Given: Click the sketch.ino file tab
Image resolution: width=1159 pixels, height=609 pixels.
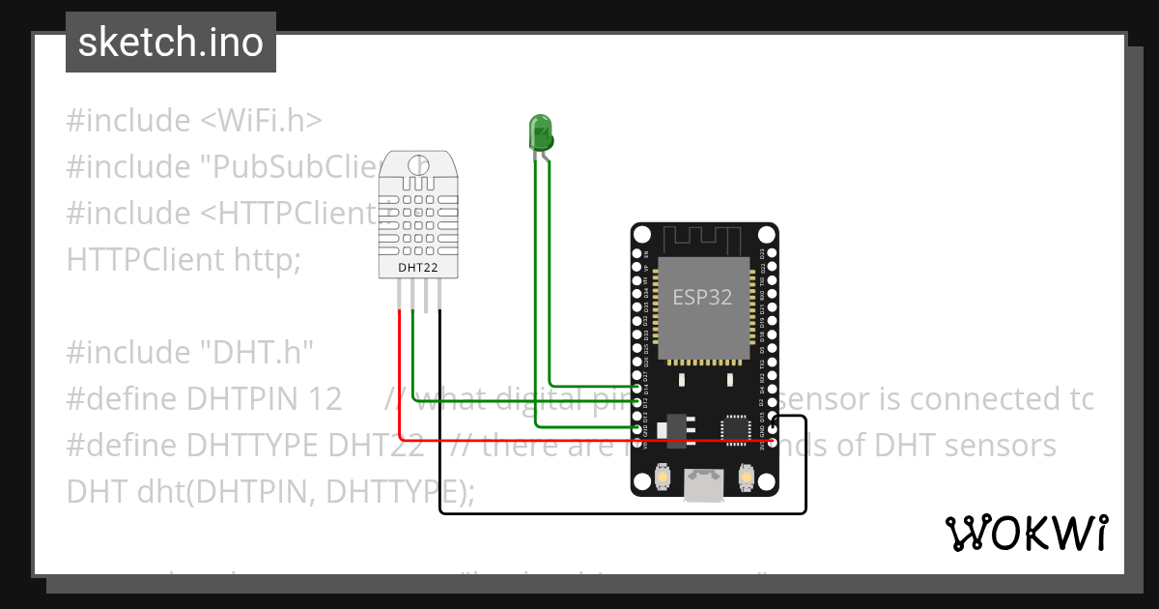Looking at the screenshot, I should click(171, 43).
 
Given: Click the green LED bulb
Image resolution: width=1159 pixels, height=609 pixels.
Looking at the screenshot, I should click(540, 130).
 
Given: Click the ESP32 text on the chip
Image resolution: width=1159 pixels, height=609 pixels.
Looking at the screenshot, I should click(702, 298).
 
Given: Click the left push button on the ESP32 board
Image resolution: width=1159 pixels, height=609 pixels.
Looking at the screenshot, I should click(664, 478).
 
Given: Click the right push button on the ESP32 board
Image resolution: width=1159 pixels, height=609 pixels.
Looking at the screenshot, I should click(744, 478).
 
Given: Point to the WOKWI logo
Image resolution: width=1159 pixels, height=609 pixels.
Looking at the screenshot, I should click(1026, 534).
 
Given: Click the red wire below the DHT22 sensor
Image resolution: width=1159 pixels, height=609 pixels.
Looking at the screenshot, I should click(400, 367).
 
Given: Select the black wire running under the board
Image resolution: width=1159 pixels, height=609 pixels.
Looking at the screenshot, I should click(618, 513).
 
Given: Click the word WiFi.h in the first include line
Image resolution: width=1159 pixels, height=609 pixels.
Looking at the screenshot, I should click(262, 121).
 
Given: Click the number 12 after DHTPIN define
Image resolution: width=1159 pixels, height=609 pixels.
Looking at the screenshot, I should click(325, 399).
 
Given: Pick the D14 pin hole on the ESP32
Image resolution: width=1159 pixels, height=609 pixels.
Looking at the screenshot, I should click(637, 386).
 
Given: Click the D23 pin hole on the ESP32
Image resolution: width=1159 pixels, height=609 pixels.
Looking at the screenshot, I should click(770, 253).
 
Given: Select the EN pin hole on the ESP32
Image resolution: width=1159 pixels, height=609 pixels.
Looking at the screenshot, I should click(637, 253).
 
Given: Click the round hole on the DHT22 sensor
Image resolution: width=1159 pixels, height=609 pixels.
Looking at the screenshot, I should click(418, 164).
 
